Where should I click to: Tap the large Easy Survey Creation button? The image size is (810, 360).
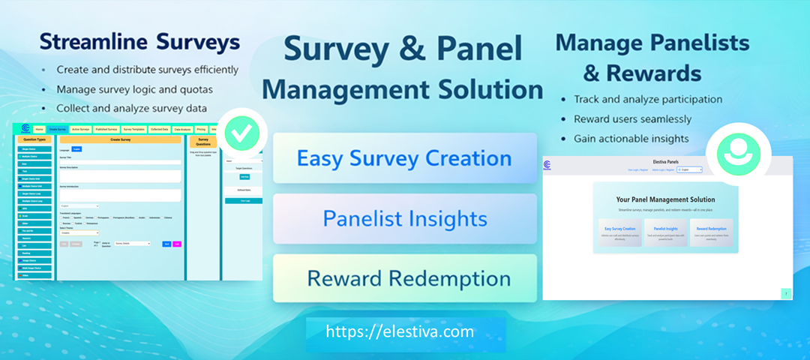(405, 158)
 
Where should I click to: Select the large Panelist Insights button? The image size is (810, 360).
(405, 218)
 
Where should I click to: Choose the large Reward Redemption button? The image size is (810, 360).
(405, 278)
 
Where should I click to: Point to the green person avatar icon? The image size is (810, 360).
(739, 154)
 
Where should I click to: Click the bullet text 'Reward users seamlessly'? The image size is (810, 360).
(632, 118)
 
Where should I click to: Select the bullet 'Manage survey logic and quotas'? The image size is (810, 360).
(135, 88)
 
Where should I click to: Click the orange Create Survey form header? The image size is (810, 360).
(120, 139)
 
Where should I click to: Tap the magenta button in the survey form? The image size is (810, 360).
(177, 244)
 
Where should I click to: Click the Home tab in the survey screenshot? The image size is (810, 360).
(39, 129)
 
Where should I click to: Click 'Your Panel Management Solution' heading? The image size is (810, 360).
(665, 199)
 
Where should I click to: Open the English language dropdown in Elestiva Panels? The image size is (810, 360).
(689, 170)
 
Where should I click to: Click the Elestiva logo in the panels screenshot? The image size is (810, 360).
(547, 166)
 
